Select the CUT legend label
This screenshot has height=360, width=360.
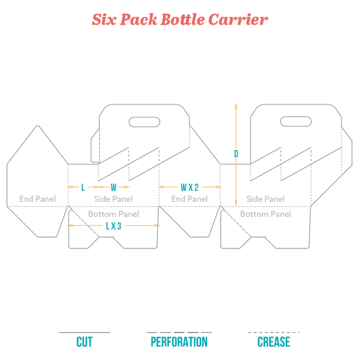tap(85, 342)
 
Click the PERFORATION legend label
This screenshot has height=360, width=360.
tap(179, 342)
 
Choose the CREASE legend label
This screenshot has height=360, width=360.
tap(274, 342)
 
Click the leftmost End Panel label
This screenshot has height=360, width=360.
tap(37, 199)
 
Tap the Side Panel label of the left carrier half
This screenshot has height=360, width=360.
tap(113, 199)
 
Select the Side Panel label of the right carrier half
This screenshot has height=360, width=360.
tap(265, 199)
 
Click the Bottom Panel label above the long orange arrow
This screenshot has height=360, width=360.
tap(113, 213)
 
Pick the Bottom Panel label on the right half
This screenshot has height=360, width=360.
tap(265, 213)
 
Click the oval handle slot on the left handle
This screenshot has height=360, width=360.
tap(145, 122)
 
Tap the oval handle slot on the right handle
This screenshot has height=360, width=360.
tap(296, 122)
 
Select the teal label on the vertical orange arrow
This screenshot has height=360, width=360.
tap(236, 154)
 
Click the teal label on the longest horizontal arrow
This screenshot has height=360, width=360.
tap(113, 226)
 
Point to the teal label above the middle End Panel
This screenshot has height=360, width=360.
tap(189, 187)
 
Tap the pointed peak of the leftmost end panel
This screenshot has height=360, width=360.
tap(38, 125)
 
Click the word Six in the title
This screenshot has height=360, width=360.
tap(103, 20)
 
